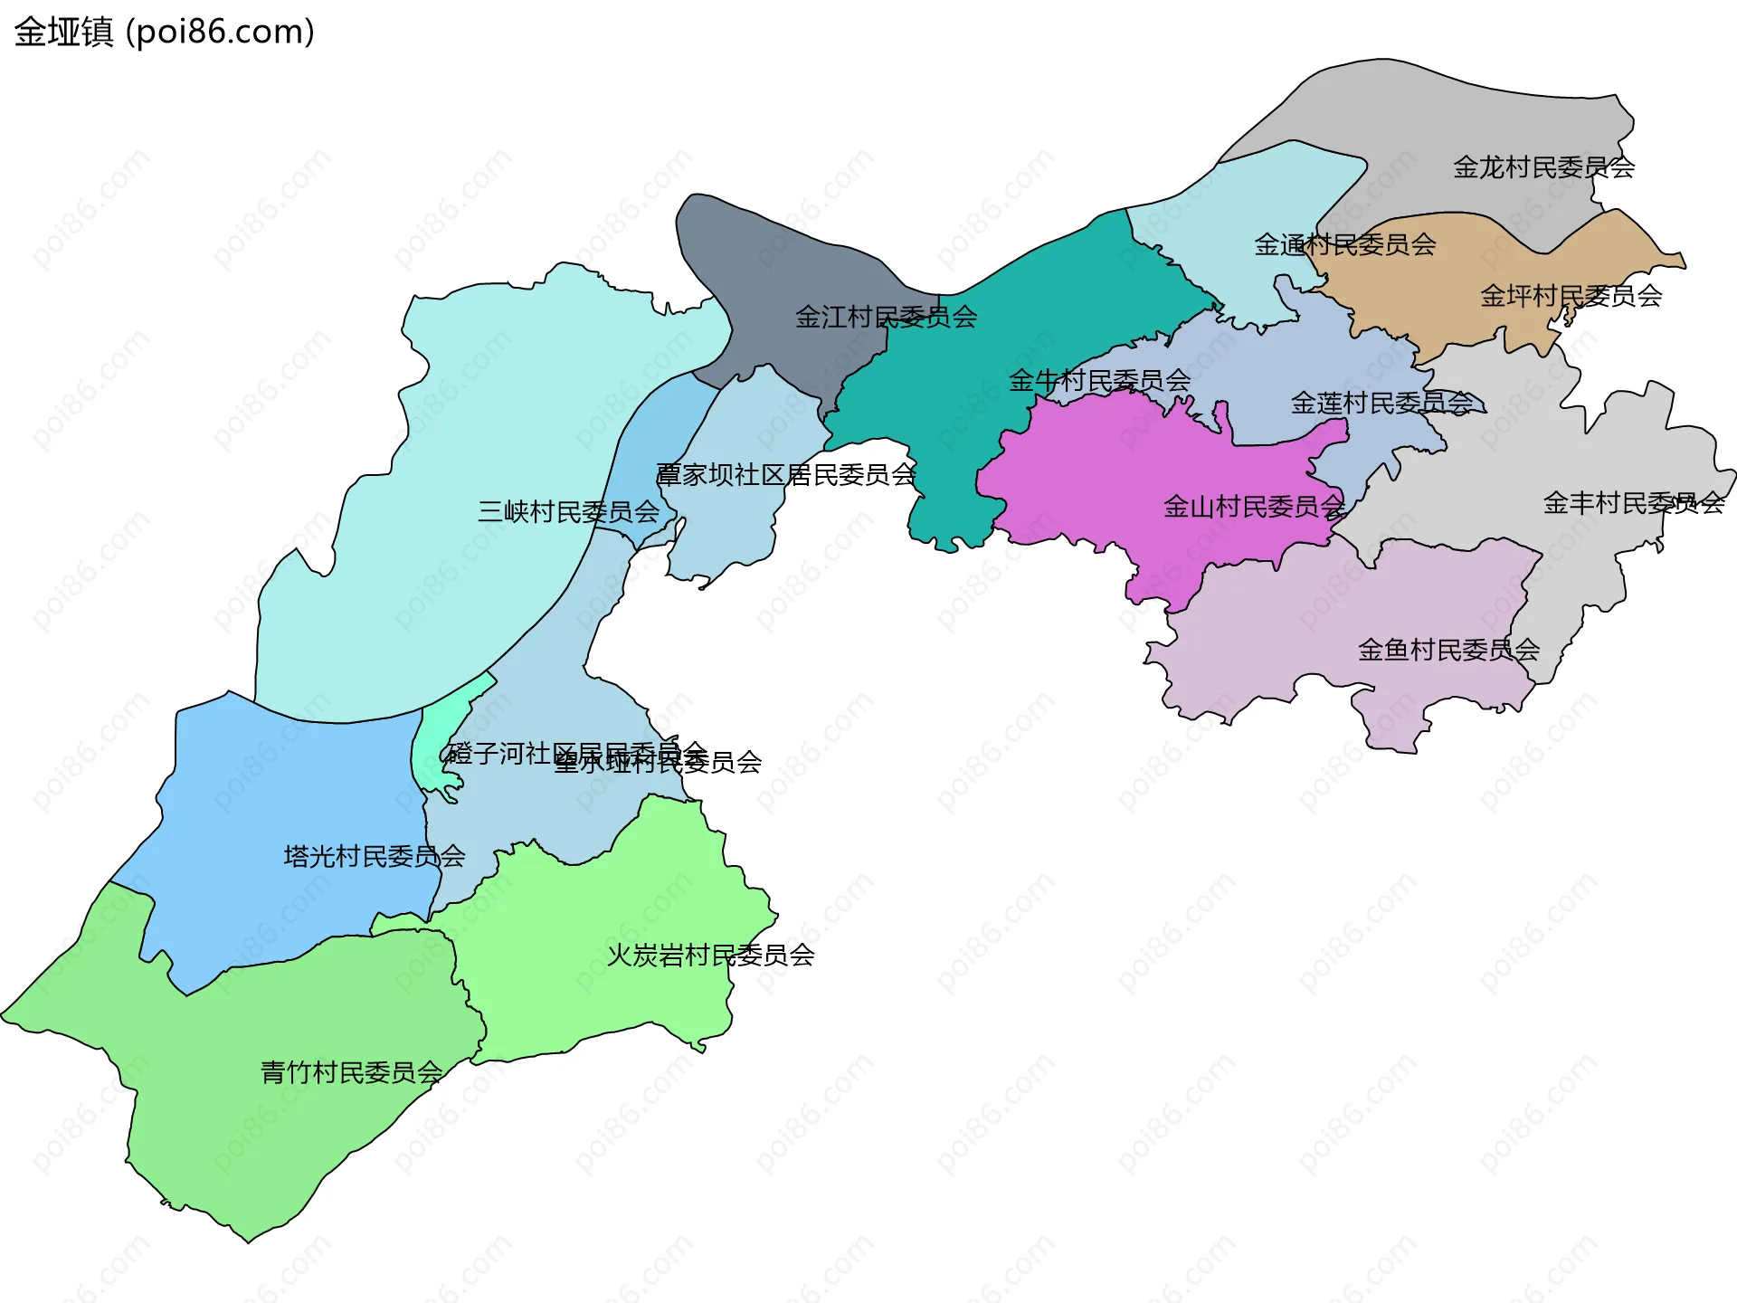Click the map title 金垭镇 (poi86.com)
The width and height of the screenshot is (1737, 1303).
coord(165,32)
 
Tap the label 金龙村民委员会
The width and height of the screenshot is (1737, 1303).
coord(1543,167)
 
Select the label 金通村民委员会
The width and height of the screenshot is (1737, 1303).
coord(1344,244)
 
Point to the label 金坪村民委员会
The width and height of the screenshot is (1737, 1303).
coord(1571,296)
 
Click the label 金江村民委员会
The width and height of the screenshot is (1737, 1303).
coord(886,317)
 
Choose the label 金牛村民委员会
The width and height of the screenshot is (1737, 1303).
coord(1099,380)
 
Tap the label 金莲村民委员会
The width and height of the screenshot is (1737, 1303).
coord(1381,403)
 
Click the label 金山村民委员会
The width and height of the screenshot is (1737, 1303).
coord(1254,506)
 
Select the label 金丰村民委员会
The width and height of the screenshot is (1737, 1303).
coord(1633,502)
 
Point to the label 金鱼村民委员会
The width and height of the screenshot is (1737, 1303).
coord(1448,649)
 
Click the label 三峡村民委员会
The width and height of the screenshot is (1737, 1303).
coord(568,511)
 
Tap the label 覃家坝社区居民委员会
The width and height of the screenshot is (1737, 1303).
coord(786,474)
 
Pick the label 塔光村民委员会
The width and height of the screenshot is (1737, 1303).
coord(374,855)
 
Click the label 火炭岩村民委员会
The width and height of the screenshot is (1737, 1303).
coord(710,955)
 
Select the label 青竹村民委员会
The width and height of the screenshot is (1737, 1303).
coord(351,1072)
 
